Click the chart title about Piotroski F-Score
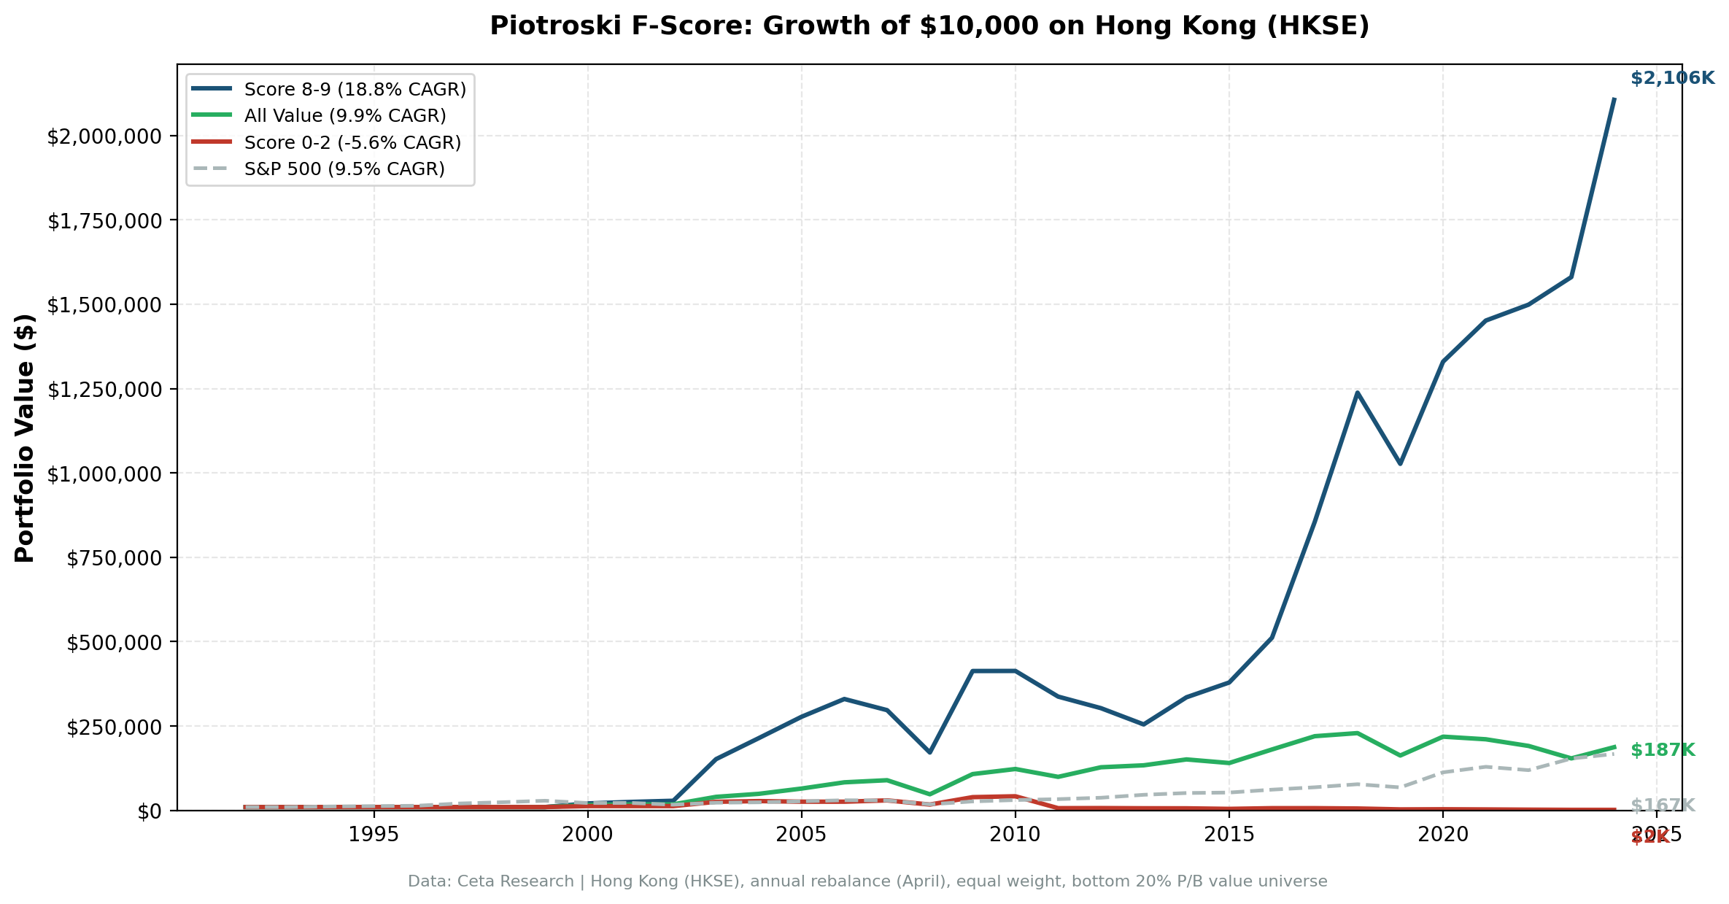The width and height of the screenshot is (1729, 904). (929, 26)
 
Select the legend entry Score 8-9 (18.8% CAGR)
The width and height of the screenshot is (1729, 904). (355, 90)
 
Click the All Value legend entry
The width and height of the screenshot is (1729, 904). (344, 116)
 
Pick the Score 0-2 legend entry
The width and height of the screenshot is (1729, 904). (352, 142)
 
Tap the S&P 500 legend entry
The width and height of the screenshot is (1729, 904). (344, 169)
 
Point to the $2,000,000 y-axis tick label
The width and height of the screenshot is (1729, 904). (104, 136)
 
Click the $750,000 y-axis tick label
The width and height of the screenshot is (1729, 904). (113, 559)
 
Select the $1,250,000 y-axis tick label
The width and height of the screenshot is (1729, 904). (104, 390)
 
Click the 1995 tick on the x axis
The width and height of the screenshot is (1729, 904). (374, 835)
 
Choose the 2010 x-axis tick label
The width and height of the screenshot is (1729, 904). (1015, 835)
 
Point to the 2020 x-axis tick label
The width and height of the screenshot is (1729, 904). (1442, 835)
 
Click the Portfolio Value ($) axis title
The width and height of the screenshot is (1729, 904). (25, 438)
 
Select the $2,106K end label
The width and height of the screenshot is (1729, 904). (1672, 78)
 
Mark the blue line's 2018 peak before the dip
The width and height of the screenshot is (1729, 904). (1357, 393)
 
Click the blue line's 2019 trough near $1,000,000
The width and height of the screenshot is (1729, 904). (1400, 463)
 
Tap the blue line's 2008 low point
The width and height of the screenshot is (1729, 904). (929, 752)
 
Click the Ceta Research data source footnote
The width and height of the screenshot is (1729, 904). (867, 881)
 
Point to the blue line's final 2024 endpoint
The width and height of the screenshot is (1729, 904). (1614, 98)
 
